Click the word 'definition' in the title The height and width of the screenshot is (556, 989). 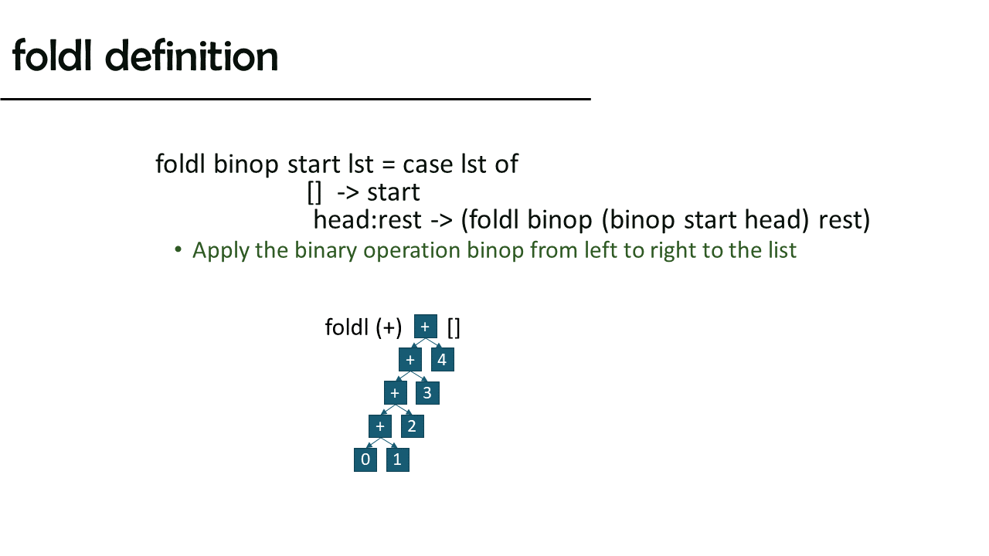[x=192, y=56]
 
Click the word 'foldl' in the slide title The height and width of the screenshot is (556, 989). [x=52, y=55]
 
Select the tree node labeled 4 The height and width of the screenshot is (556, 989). [x=443, y=360]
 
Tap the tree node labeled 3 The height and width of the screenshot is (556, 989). [x=427, y=393]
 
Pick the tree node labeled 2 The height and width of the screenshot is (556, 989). [x=413, y=426]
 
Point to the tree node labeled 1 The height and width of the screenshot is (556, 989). [x=397, y=459]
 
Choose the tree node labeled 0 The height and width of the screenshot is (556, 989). [x=365, y=459]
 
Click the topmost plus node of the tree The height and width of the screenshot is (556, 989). [x=426, y=327]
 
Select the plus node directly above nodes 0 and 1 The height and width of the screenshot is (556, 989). [x=380, y=426]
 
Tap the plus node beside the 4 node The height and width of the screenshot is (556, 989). [x=410, y=360]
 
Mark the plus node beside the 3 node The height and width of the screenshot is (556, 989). [x=395, y=393]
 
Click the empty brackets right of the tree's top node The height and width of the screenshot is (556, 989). [x=454, y=328]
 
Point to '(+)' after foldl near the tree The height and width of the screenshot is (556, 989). [x=389, y=328]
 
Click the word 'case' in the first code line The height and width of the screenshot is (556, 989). [x=428, y=164]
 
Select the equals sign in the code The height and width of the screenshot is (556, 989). [x=388, y=165]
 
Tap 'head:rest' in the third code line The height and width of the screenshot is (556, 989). [x=367, y=220]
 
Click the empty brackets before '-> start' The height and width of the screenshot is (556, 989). [x=314, y=193]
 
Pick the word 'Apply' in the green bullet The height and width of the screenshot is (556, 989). [x=221, y=251]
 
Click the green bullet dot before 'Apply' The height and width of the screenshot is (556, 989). [x=178, y=249]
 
